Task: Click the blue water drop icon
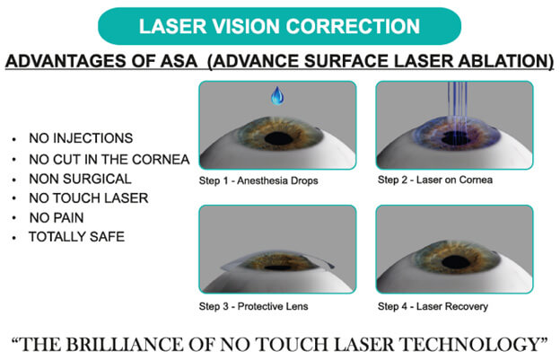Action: [x=277, y=95]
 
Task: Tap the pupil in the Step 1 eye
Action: [x=279, y=138]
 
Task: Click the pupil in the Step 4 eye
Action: [x=456, y=262]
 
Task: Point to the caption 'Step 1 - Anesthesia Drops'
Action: [x=258, y=180]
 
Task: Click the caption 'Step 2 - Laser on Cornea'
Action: [x=435, y=180]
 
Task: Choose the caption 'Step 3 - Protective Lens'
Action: [x=254, y=306]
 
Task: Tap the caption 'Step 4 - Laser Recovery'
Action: [x=433, y=306]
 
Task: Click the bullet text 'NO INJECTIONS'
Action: [x=81, y=138]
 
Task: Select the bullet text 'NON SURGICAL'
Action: [x=81, y=179]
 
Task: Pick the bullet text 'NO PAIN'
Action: [x=57, y=217]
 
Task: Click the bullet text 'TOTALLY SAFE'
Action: [x=77, y=237]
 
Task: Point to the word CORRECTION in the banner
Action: [x=353, y=26]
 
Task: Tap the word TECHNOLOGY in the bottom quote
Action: [x=469, y=344]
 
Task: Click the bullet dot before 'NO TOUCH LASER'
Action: [x=14, y=199]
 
